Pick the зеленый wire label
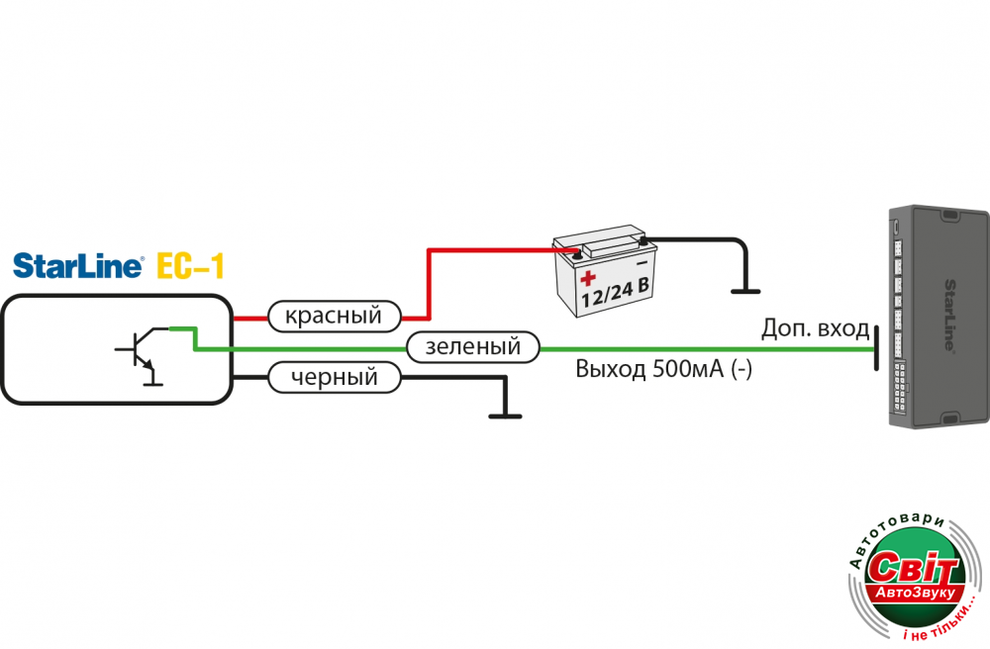pos(472,347)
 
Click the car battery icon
pos(602,271)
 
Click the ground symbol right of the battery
pos(744,289)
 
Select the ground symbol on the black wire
pos(505,414)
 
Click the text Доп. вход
pos(816,328)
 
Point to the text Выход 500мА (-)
pos(664,370)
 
